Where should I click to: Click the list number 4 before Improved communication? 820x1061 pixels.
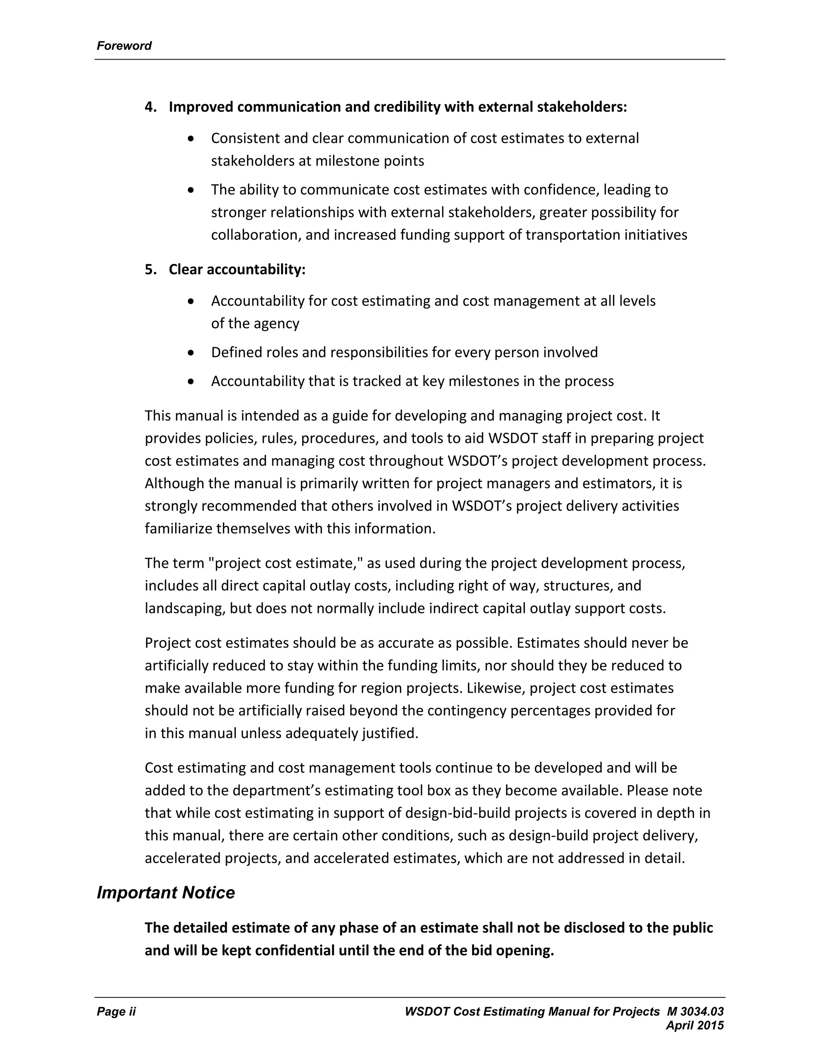(150, 107)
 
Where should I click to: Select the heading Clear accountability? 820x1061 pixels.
(237, 269)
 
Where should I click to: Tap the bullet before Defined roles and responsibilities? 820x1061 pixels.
(191, 352)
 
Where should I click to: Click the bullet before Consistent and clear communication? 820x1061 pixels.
(191, 139)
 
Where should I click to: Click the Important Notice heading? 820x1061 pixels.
(166, 892)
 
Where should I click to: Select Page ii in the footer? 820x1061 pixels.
(116, 1011)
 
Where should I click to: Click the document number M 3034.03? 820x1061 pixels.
(695, 1011)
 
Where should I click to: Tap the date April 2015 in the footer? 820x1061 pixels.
(695, 1025)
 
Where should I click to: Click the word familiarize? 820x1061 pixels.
(178, 528)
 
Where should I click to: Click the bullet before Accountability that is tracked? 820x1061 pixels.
(191, 381)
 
